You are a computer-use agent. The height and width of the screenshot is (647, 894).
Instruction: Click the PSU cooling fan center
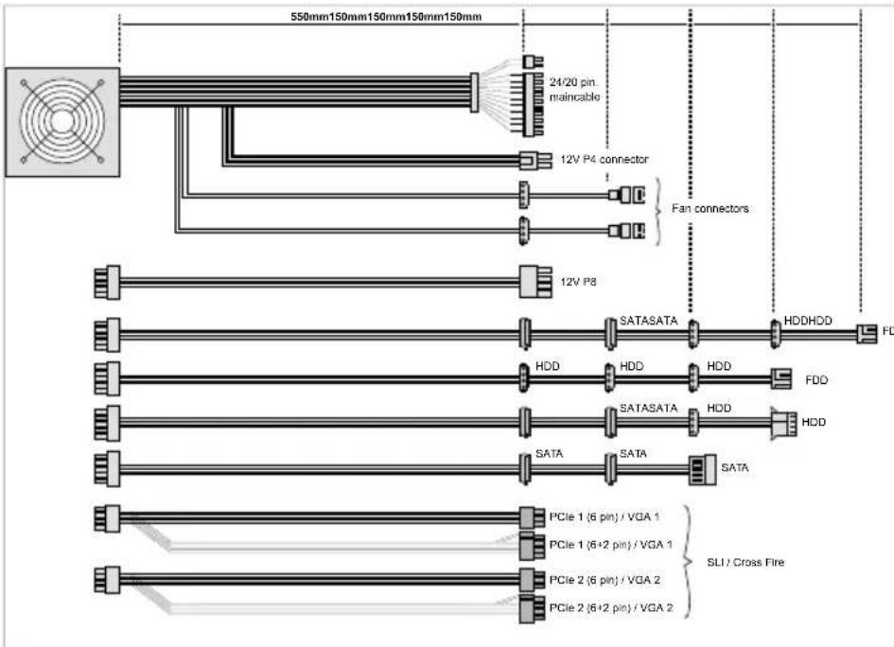point(62,121)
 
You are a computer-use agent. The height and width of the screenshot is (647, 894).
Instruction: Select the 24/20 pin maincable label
point(574,90)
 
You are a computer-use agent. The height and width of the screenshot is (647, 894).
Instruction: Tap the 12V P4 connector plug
point(535,160)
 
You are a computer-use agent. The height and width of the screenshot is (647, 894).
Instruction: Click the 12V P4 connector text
point(604,160)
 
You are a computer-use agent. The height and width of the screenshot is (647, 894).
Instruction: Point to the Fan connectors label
point(710,209)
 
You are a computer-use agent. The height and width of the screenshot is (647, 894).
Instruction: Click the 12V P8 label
point(578,282)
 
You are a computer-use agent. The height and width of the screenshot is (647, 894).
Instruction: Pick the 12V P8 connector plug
point(535,282)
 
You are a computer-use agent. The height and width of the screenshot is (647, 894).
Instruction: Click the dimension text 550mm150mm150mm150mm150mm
point(386,16)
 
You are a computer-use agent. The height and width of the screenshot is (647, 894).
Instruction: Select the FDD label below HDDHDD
point(815,380)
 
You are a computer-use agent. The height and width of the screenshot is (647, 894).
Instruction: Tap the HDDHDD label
point(808,321)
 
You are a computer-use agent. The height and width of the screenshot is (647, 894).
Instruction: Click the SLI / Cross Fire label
point(745,562)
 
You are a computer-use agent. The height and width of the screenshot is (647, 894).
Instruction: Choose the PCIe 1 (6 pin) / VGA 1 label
point(605,517)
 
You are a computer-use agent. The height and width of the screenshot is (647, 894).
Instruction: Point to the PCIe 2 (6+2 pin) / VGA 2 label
point(610,608)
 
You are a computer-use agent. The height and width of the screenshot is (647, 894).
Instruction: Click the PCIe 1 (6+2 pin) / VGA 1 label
point(610,545)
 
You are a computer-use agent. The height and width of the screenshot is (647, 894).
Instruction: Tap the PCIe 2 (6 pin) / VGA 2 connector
point(532,580)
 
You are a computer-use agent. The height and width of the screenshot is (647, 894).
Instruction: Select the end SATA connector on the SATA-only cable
point(702,469)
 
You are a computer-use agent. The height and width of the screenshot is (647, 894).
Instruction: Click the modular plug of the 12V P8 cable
point(107,282)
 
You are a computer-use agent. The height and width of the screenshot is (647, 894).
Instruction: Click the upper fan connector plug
point(626,195)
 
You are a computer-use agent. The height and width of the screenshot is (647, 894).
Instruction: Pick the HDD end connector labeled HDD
point(783,424)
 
